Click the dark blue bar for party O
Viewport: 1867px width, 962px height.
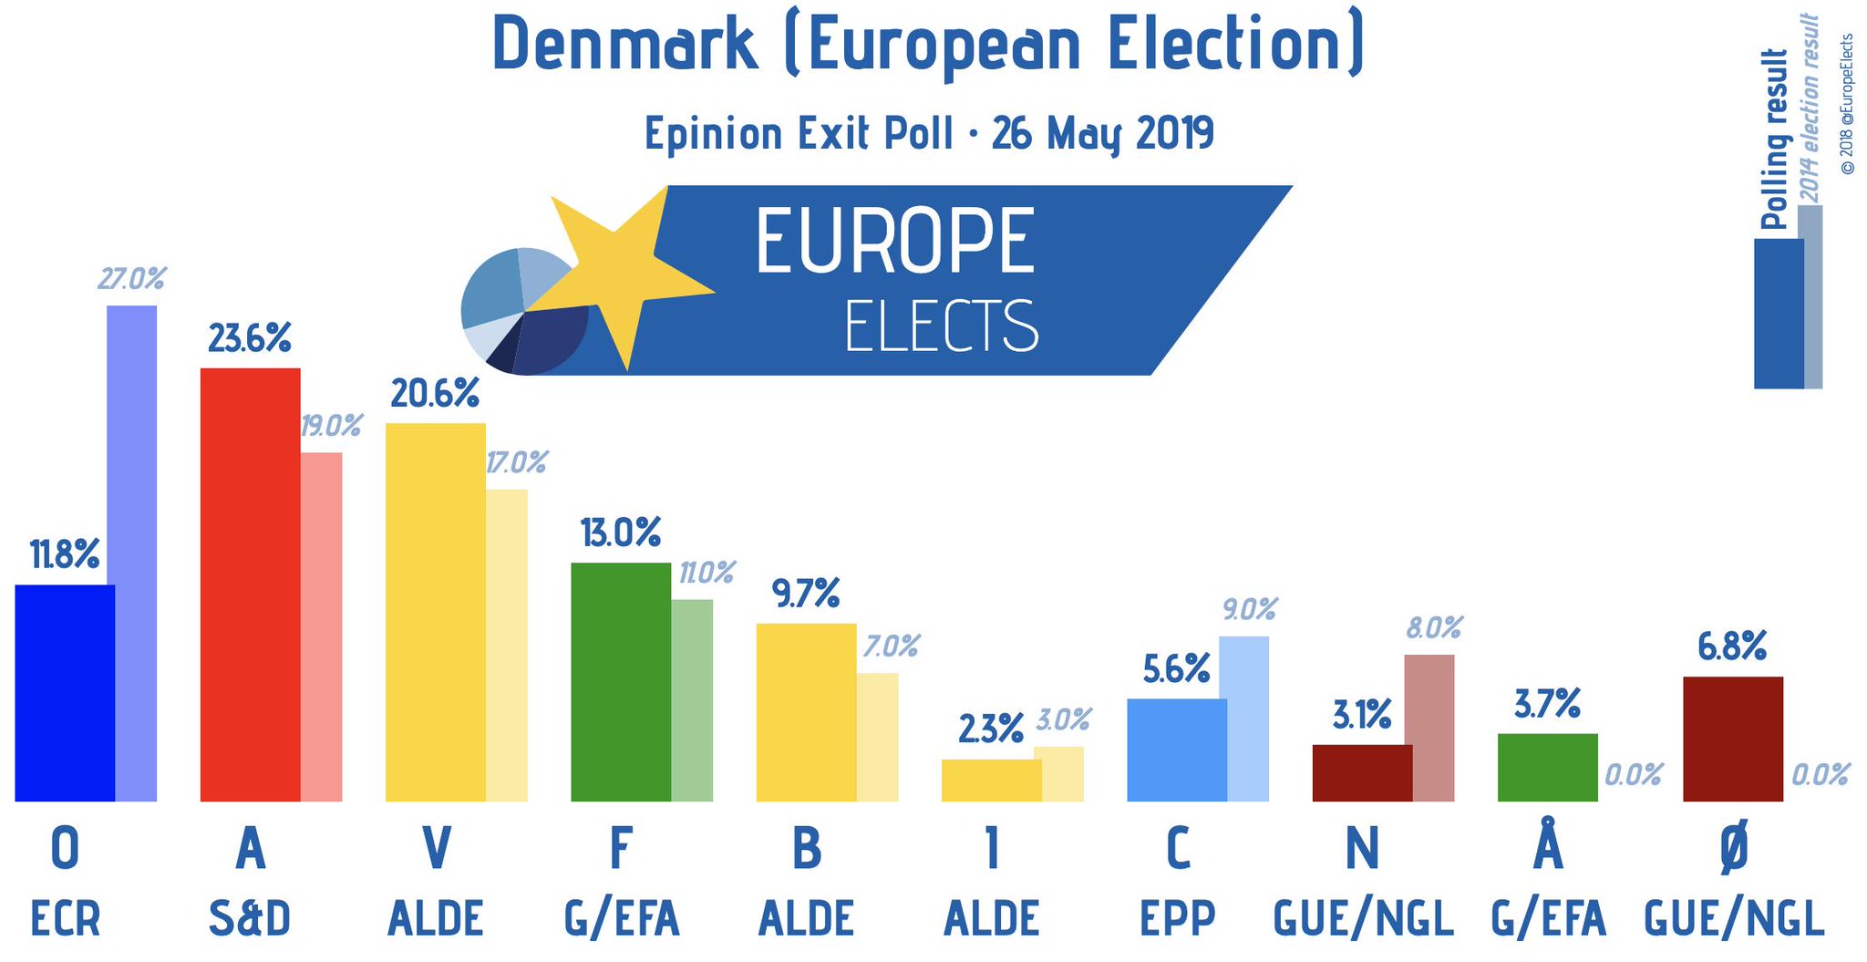point(65,693)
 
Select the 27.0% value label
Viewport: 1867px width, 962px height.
point(132,279)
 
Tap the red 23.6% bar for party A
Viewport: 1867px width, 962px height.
point(250,584)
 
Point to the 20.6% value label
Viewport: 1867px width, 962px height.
point(435,394)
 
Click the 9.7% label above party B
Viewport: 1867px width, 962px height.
point(806,595)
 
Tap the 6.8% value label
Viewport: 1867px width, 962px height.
point(1732,647)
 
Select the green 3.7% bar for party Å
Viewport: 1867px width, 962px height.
point(1547,768)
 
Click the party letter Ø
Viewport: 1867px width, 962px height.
point(1734,847)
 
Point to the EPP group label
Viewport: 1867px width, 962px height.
point(1178,918)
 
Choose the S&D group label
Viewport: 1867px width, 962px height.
point(250,918)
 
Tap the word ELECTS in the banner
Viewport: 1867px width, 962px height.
point(942,326)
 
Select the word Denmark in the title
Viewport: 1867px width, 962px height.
point(625,44)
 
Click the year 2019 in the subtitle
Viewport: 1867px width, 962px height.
point(1175,133)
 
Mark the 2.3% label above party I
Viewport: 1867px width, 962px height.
point(991,729)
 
